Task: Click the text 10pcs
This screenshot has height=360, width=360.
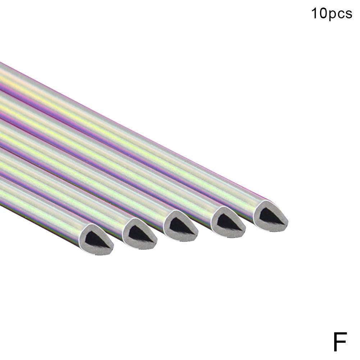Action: click(x=332, y=14)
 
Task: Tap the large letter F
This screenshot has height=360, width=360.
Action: click(x=340, y=342)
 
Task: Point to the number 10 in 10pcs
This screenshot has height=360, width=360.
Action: click(x=318, y=13)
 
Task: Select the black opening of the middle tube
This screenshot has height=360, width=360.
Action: click(x=181, y=224)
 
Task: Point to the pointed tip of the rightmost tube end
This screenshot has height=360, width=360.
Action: click(x=288, y=222)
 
